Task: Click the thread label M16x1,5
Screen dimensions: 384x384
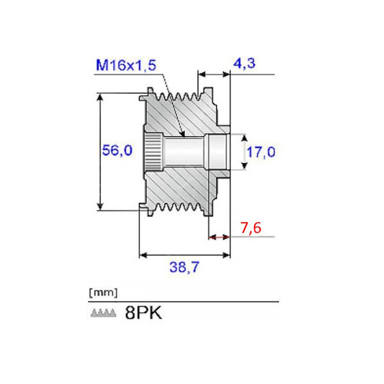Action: (125, 65)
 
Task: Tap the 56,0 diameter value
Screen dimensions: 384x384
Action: (117, 151)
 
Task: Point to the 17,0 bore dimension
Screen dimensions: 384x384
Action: (261, 152)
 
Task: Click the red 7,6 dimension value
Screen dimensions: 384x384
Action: (250, 228)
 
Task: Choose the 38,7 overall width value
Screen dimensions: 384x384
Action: (184, 269)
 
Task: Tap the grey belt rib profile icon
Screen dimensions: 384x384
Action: (102, 314)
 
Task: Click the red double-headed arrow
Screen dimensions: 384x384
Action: (219, 237)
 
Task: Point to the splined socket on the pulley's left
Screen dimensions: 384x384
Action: (152, 152)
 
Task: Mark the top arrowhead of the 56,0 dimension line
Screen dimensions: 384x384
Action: (100, 97)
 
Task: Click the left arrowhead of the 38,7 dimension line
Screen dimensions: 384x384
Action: (143, 255)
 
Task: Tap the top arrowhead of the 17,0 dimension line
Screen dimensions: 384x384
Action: (243, 137)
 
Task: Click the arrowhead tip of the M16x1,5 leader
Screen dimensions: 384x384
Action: (183, 136)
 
